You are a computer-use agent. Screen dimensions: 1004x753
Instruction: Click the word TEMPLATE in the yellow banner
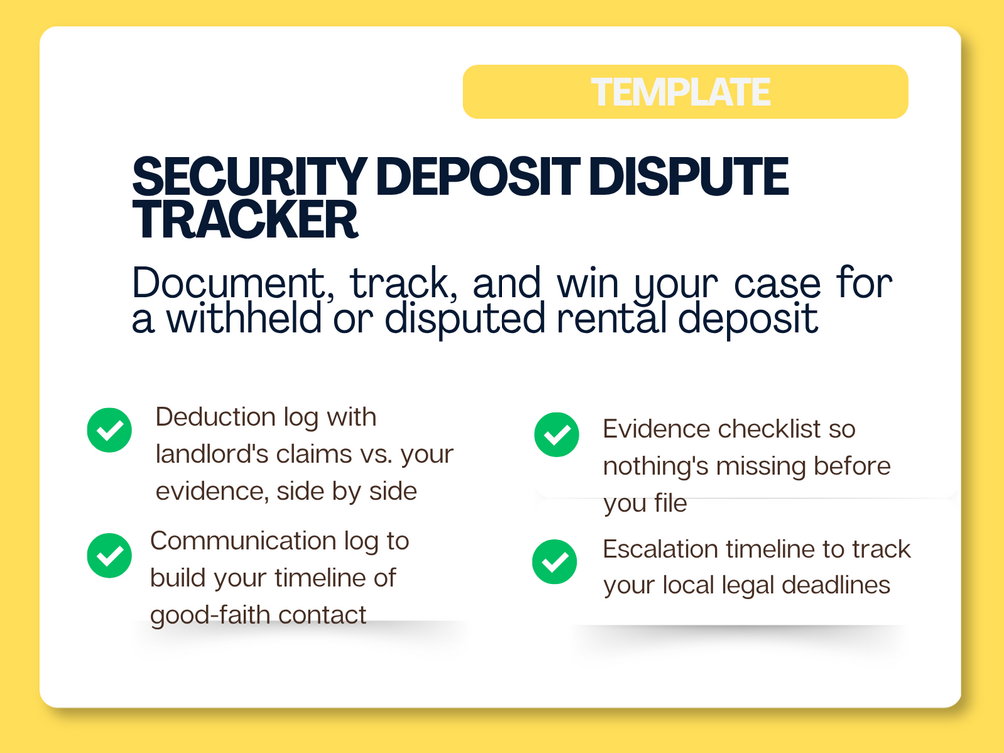(680, 92)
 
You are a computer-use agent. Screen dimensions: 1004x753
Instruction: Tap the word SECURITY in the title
(249, 176)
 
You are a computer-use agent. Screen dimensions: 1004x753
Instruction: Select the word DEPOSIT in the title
(479, 176)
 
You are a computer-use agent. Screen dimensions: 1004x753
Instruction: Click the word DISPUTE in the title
(689, 176)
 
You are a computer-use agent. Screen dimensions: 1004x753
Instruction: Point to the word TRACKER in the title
(245, 219)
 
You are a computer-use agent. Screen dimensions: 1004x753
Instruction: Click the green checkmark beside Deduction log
(109, 430)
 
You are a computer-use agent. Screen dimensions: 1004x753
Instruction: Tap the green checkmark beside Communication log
(109, 556)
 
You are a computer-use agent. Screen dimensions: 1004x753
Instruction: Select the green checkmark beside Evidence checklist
(557, 435)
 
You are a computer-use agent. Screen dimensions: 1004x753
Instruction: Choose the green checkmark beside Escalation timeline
(554, 562)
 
